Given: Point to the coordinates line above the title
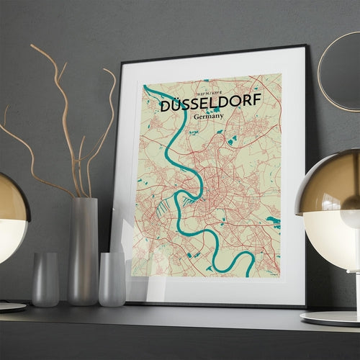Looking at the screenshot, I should pyautogui.click(x=204, y=91).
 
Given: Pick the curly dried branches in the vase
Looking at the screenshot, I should pyautogui.click(x=65, y=122).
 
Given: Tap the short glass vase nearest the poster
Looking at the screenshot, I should pyautogui.click(x=112, y=279).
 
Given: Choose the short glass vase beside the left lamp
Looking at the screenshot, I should pyautogui.click(x=45, y=279).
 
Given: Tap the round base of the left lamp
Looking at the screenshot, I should pyautogui.click(x=11, y=306).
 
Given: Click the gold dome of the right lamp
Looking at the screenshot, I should pyautogui.click(x=331, y=180).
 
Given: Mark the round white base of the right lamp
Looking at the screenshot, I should pyautogui.click(x=331, y=317).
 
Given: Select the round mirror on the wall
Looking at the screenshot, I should pyautogui.click(x=340, y=72).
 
